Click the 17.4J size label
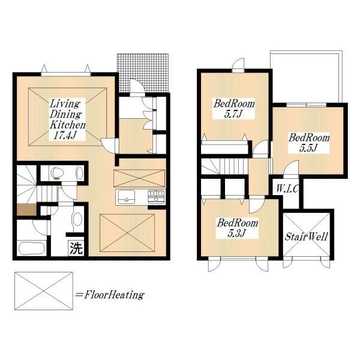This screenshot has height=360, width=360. pyautogui.click(x=65, y=135)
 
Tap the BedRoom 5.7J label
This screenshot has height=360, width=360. pyautogui.click(x=234, y=109)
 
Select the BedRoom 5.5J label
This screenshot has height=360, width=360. pyautogui.click(x=309, y=143)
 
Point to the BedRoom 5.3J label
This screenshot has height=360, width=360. pyautogui.click(x=238, y=228)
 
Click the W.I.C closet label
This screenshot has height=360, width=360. pyautogui.click(x=287, y=189)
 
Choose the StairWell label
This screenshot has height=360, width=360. pyautogui.click(x=306, y=237)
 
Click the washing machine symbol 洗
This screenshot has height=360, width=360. pyautogui.click(x=76, y=248)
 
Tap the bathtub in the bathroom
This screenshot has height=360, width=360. pyautogui.click(x=32, y=248)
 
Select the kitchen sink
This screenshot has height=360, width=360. pyautogui.click(x=126, y=197)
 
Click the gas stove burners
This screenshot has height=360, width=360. pyautogui.click(x=157, y=197)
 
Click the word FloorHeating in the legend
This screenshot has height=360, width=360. pyautogui.click(x=114, y=295)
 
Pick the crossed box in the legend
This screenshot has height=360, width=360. pyautogui.click(x=44, y=291)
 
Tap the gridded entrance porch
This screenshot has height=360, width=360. pyautogui.click(x=143, y=73)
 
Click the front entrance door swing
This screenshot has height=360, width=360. pyautogui.click(x=137, y=86)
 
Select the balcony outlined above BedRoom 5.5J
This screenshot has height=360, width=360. pyautogui.click(x=306, y=76)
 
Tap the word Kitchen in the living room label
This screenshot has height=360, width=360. pyautogui.click(x=67, y=125)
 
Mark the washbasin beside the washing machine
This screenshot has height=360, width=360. pyautogui.click(x=77, y=219)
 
